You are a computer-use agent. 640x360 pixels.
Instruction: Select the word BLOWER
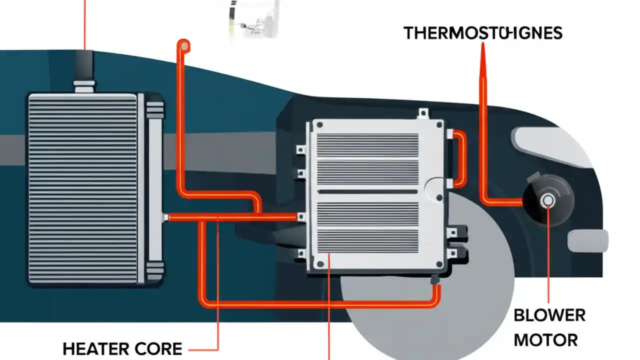[x=549, y=315]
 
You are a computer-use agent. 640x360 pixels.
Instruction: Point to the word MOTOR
[x=545, y=340]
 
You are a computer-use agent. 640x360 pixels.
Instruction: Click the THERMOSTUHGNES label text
[x=483, y=33]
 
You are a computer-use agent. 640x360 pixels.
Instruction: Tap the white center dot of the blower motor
[x=548, y=200]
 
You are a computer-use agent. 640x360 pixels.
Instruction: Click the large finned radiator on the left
[x=83, y=187]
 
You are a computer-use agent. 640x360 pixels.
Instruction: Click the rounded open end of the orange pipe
[x=184, y=46]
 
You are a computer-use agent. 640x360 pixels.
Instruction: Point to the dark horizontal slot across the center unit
[x=367, y=191]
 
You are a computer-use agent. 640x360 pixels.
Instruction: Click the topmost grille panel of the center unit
[x=367, y=145]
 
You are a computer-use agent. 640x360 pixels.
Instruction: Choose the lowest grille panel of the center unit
[x=367, y=240]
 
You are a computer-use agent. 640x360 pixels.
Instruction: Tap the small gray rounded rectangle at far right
[x=588, y=240]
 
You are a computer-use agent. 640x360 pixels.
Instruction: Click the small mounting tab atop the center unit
[x=423, y=113]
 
